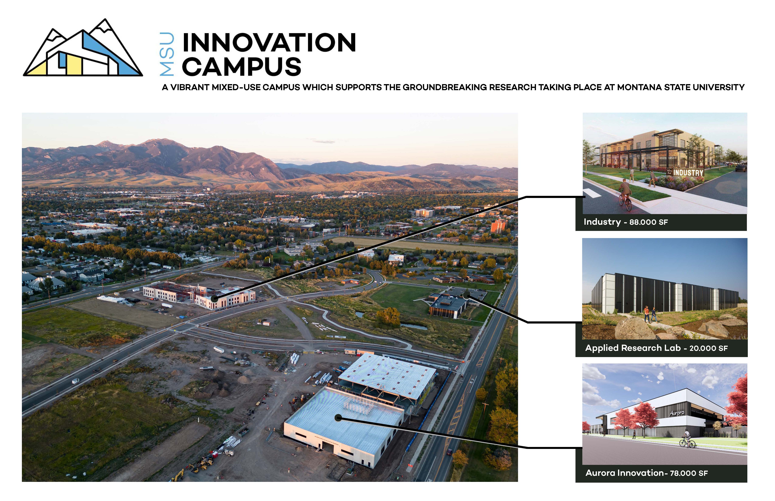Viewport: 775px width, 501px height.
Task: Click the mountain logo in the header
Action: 83,48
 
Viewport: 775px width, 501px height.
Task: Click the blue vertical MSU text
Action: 167,54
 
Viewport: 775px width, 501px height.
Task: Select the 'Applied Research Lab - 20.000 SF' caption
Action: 656,348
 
